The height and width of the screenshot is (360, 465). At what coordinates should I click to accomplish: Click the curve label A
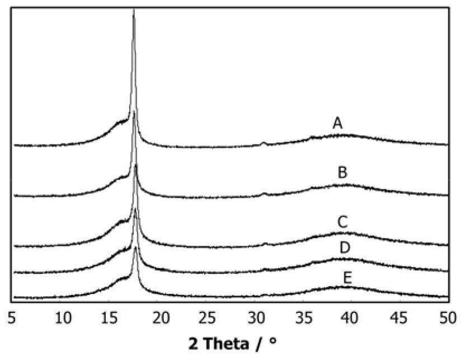337,123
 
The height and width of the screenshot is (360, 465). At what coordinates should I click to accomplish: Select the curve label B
342,172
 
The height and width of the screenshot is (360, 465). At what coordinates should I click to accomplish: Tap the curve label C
343,222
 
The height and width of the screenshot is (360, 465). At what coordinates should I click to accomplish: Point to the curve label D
345,247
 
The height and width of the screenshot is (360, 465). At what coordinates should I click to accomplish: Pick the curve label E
347,278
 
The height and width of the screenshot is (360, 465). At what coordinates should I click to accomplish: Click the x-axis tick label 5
12,318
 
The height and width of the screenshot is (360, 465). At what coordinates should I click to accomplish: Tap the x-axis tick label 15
112,318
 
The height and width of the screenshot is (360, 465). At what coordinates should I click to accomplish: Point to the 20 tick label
160,318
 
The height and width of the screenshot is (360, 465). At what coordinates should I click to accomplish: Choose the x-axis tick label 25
208,318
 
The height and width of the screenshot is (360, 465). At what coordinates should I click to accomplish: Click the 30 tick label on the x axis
255,318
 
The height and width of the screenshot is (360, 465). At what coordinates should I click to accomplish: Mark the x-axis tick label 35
303,318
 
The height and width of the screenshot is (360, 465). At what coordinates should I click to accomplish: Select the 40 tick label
351,318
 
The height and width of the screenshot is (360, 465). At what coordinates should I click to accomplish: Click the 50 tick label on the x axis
445,318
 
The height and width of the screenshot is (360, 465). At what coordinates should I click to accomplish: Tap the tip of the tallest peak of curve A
133,10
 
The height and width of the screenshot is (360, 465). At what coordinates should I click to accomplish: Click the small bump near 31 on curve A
264,143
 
